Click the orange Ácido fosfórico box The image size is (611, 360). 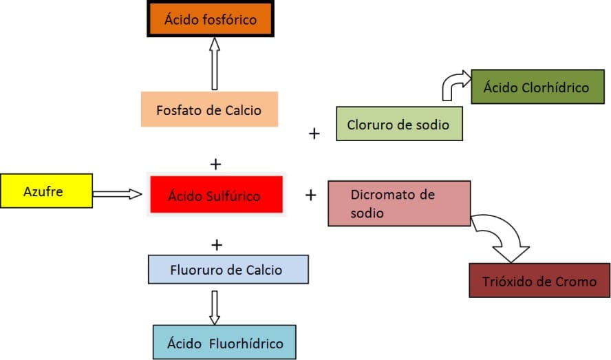click(x=210, y=19)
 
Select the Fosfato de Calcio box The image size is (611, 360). click(x=209, y=109)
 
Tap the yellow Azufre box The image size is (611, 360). click(x=46, y=191)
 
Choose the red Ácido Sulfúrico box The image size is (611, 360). click(x=214, y=195)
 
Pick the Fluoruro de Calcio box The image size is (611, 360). click(x=228, y=269)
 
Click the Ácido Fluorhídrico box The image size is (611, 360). click(x=224, y=342)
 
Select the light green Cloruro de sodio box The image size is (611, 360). click(x=398, y=125)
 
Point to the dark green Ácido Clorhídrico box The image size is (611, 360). click(x=536, y=87)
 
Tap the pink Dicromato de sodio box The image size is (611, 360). click(x=399, y=204)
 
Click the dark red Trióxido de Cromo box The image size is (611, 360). click(x=539, y=280)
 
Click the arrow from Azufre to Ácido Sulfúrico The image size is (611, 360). click(x=120, y=194)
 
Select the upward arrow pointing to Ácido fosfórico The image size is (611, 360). click(x=214, y=63)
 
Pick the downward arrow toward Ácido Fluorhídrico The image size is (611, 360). click(x=214, y=307)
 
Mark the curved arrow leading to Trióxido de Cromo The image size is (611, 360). click(x=506, y=237)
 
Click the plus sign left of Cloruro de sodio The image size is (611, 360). click(x=314, y=133)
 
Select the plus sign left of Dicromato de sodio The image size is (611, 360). click(x=310, y=195)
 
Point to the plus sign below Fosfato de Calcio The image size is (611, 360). click(x=216, y=164)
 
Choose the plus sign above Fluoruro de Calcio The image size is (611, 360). click(x=217, y=244)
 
